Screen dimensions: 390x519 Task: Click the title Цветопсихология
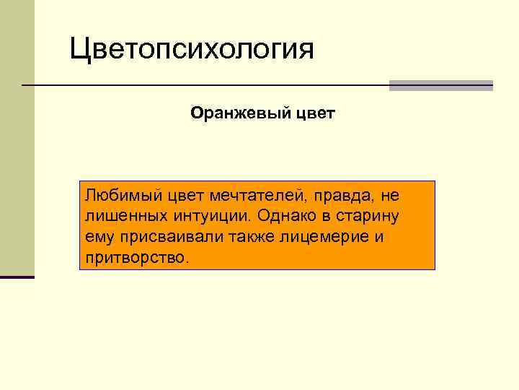coord(192,51)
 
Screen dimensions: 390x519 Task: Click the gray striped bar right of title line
coord(440,85)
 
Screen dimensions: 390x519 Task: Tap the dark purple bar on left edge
coord(17,277)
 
